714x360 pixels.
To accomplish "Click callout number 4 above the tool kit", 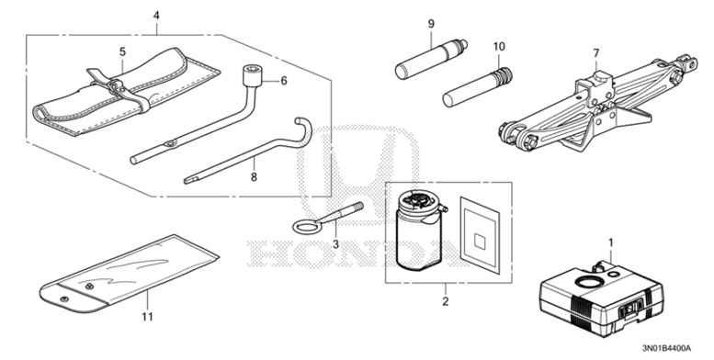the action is point(156,16).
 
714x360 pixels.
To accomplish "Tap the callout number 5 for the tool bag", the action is point(121,52).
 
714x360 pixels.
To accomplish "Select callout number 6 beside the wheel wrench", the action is point(284,81).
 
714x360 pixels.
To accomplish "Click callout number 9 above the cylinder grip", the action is point(430,23).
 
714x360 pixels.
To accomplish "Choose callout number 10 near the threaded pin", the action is point(499,46).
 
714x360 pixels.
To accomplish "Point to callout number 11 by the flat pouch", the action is point(144,317).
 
